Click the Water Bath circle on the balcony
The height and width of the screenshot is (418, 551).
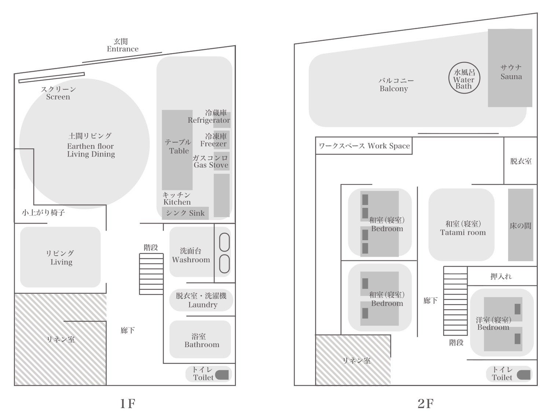pos(464,78)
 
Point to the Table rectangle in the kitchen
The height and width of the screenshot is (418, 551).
pos(177,150)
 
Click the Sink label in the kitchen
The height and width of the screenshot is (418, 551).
pos(185,213)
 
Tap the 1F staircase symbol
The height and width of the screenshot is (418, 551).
pos(151,274)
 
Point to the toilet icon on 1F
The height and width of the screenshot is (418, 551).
pos(222,375)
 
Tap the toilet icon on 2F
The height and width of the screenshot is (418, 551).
pos(524,375)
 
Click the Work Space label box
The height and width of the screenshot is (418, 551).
pos(364,146)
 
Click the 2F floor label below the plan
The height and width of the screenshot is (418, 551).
pos(426,404)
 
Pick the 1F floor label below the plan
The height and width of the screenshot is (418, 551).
pos(128,404)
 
